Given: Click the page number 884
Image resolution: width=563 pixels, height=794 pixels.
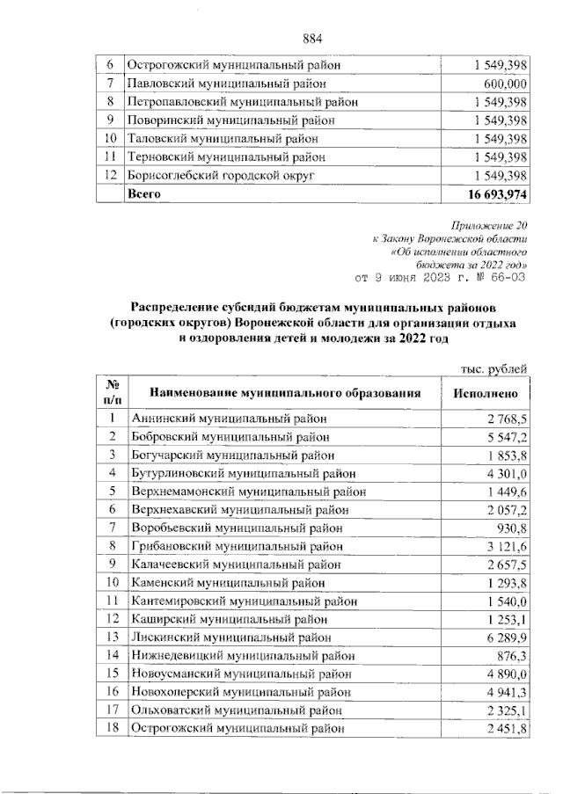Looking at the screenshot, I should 313,39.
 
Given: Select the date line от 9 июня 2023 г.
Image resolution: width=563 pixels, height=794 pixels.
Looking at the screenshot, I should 439,279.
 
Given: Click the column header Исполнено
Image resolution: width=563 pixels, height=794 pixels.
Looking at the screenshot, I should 491,394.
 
